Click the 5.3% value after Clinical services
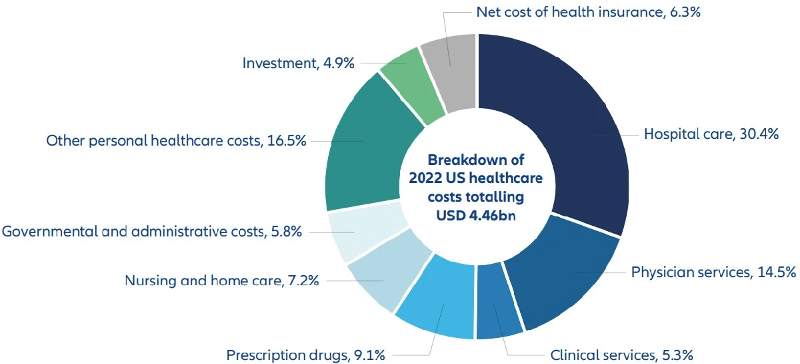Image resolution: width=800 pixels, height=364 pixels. point(679,354)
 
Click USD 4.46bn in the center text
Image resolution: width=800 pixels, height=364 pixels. point(476,216)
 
